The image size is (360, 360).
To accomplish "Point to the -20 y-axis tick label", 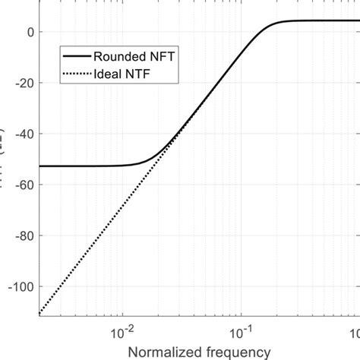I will click(25, 83).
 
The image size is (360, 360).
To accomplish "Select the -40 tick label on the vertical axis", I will click(25, 134).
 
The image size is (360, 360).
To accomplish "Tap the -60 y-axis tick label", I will click(25, 185).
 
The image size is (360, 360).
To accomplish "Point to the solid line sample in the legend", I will click(75, 55).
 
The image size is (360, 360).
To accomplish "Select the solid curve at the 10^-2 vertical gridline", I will click(122, 164).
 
